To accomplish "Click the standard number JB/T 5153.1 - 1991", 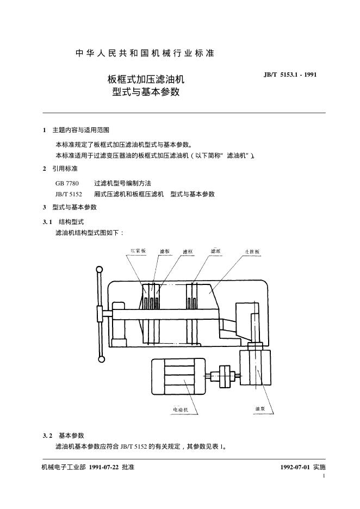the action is click(290, 75).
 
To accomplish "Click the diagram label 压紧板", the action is click(138, 251).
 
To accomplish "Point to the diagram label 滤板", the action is click(165, 251).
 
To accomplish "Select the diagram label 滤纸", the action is click(215, 251).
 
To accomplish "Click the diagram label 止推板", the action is click(252, 251).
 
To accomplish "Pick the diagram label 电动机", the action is click(181, 409).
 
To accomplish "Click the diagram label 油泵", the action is click(260, 408).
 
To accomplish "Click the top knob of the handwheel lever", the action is click(99, 269).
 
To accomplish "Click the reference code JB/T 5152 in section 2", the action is click(69, 194).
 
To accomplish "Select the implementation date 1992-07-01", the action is click(295, 467).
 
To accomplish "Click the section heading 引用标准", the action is click(65, 169).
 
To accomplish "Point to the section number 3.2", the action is click(47, 436).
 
